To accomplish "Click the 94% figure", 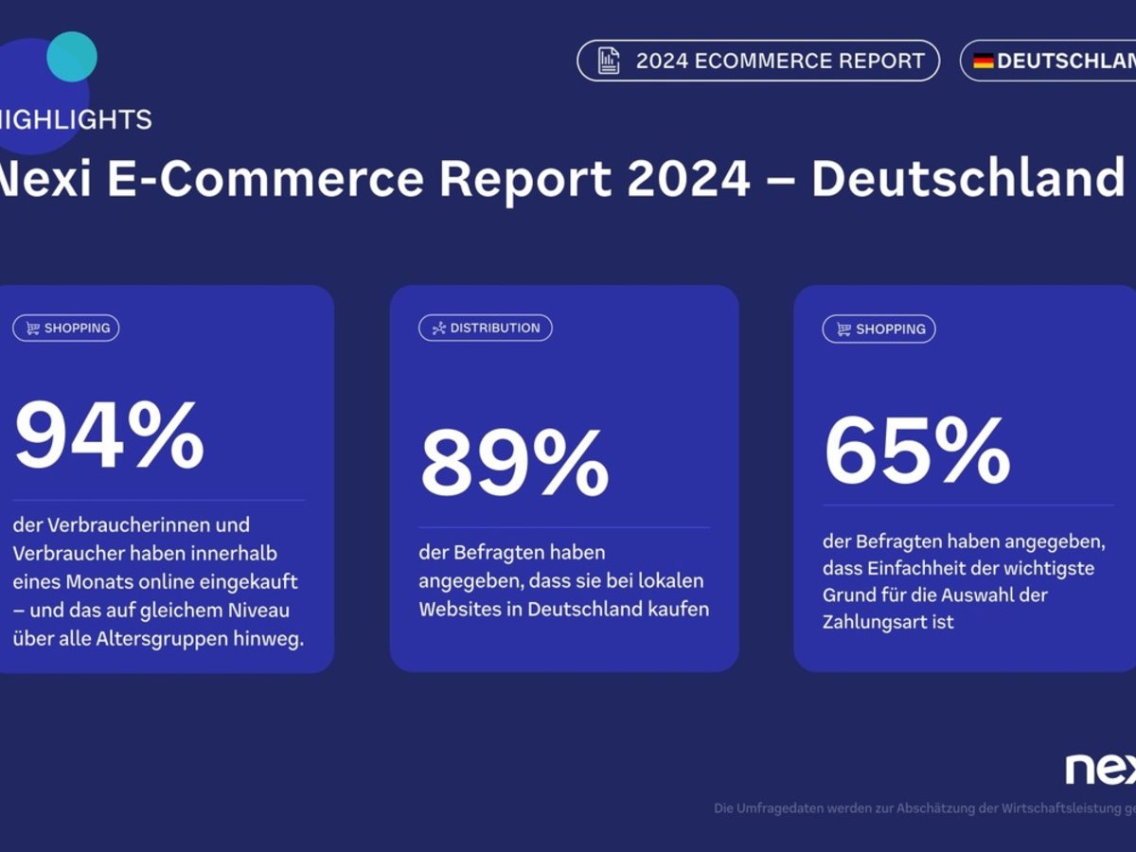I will (x=109, y=435).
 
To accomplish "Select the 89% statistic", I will (x=514, y=463).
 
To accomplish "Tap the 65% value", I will (x=917, y=451).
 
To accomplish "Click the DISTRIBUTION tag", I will (x=486, y=328).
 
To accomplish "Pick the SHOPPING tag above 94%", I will (x=66, y=328).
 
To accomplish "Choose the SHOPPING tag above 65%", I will (x=879, y=329).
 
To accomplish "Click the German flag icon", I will (x=984, y=62).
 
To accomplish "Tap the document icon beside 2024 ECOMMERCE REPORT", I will (x=609, y=62).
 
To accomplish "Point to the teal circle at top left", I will (x=72, y=57).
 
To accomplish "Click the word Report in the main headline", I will (x=524, y=179).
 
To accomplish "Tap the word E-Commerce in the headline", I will (x=266, y=179).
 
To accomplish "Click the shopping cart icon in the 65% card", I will (x=843, y=329).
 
